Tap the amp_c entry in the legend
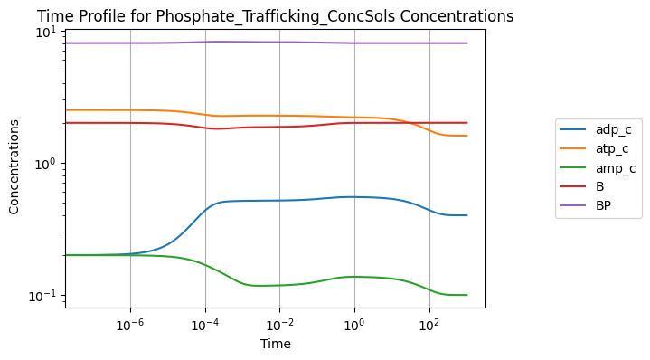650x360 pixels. pyautogui.click(x=598, y=168)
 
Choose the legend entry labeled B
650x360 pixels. pyautogui.click(x=581, y=186)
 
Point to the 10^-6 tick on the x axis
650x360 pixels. pyautogui.click(x=130, y=325)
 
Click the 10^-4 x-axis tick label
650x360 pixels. pyautogui.click(x=205, y=325)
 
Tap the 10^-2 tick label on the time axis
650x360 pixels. pyautogui.click(x=280, y=325)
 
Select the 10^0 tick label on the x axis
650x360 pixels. pyautogui.click(x=354, y=325)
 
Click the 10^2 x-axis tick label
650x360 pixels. pyautogui.click(x=429, y=325)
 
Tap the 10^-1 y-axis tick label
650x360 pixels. pyautogui.click(x=45, y=295)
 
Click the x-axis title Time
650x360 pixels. pyautogui.click(x=276, y=344)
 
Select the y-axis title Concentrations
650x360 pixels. pyautogui.click(x=14, y=167)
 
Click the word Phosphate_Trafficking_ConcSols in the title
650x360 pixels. pyautogui.click(x=275, y=16)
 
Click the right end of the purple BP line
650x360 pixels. pyautogui.click(x=467, y=43)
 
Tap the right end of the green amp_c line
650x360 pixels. pyautogui.click(x=467, y=295)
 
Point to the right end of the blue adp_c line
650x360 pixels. pyautogui.click(x=467, y=215)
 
